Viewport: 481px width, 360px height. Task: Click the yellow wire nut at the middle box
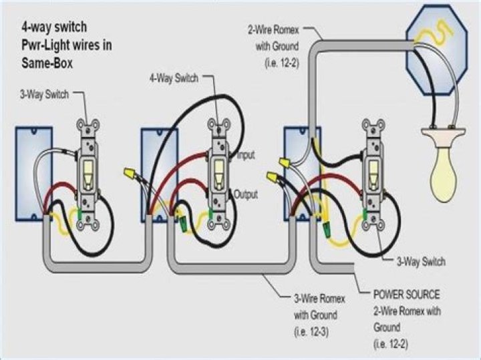coord(128,174)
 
